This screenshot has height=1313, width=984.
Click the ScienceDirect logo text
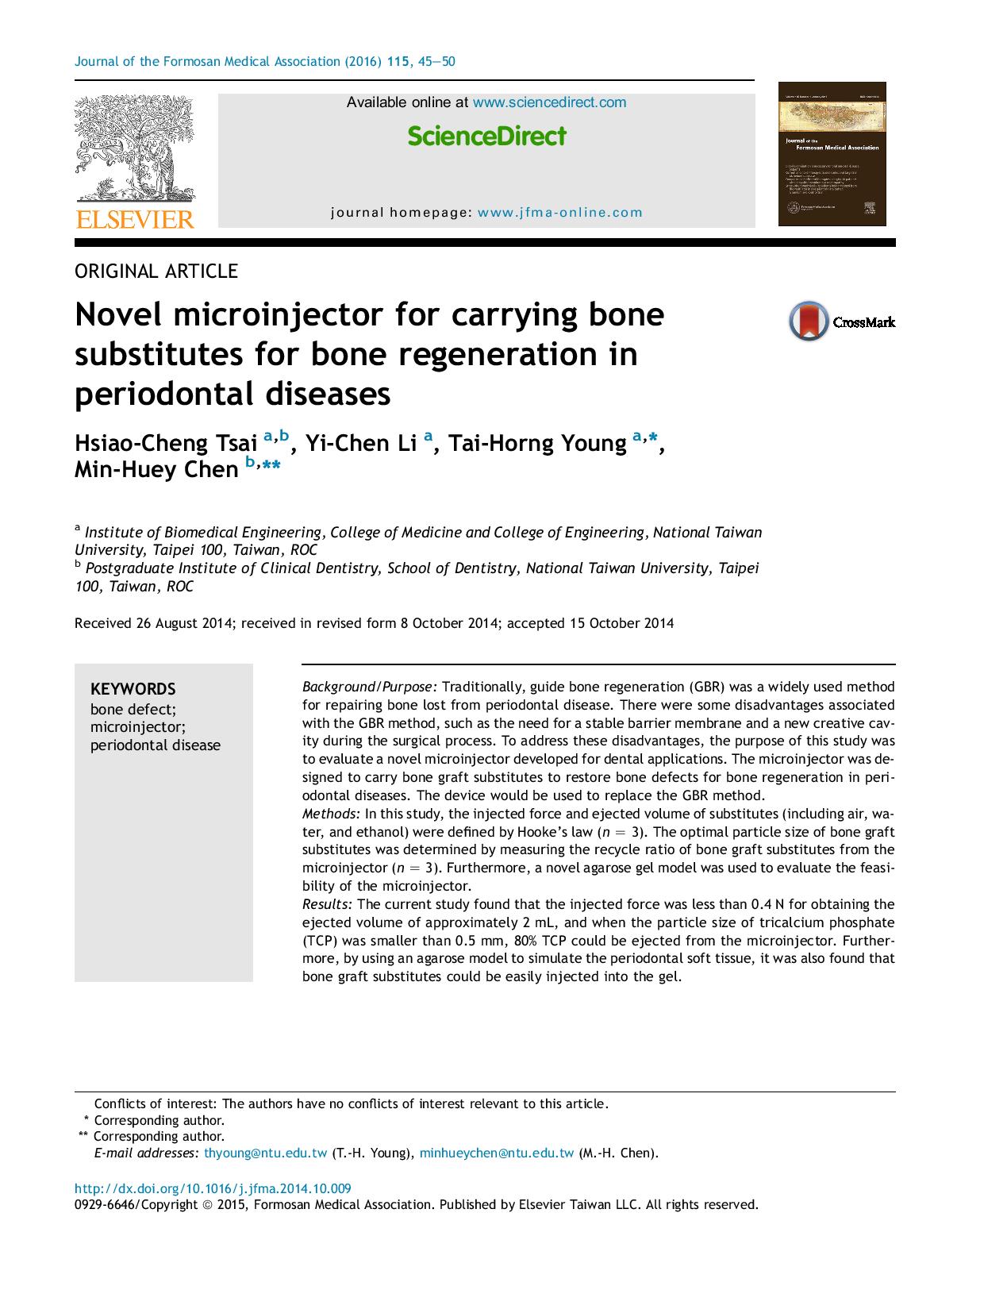pos(486,137)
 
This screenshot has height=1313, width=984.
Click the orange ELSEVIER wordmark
pos(134,220)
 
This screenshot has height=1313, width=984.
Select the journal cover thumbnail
pos(832,154)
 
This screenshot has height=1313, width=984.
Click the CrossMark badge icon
pos(809,322)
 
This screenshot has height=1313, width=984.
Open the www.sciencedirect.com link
pos(549,102)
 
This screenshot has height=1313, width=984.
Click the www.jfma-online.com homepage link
pos(560,213)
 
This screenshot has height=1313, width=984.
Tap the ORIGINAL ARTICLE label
pos(156,271)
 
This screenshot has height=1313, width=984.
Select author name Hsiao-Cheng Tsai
pos(166,443)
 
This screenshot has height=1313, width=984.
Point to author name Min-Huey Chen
pos(156,470)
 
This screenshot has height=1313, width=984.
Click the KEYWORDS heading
pos(133,689)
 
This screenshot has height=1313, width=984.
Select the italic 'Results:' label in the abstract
pos(327,904)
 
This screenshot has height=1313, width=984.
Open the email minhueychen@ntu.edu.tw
pos(496,1153)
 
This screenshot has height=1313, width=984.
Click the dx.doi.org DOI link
pos(213,1188)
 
